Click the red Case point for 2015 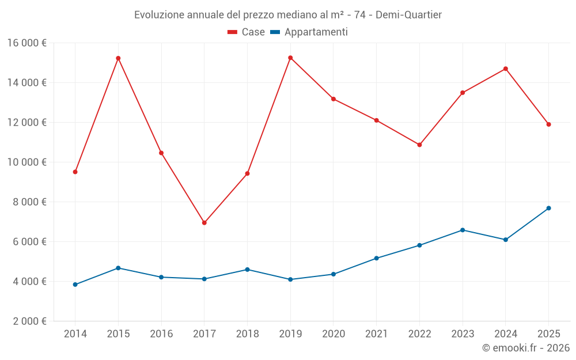(118, 58)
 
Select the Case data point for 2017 (204, 223)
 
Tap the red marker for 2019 (290, 58)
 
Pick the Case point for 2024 (506, 69)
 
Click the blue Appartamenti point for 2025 (548, 208)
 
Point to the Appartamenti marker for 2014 (75, 285)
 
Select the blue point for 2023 (463, 230)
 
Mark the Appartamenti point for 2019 (290, 279)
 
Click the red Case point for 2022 (419, 145)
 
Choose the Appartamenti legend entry (309, 32)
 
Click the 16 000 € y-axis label (27, 43)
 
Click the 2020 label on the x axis (334, 334)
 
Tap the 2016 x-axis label (161, 334)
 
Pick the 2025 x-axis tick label (548, 334)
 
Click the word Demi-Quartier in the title (408, 14)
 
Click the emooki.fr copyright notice (525, 348)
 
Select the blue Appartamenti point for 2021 (376, 258)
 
